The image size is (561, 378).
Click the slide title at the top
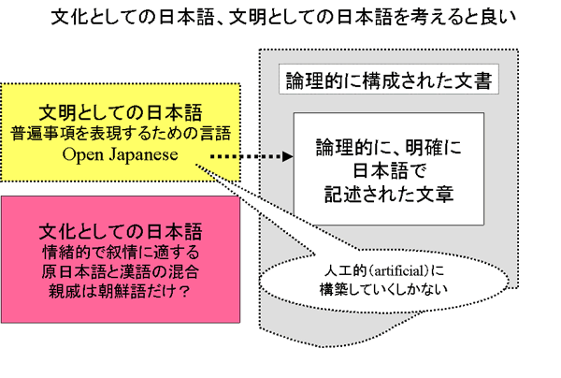point(280,18)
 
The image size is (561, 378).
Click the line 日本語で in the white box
point(389,172)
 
